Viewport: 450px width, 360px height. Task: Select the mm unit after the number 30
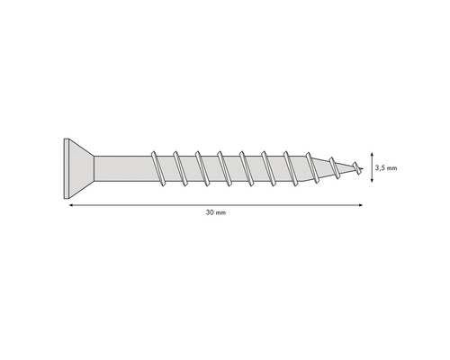(220, 214)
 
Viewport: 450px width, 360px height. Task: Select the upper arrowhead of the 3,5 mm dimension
(372, 153)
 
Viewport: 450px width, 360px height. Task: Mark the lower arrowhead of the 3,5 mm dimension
(372, 182)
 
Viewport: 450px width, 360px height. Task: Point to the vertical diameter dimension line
(372, 167)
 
